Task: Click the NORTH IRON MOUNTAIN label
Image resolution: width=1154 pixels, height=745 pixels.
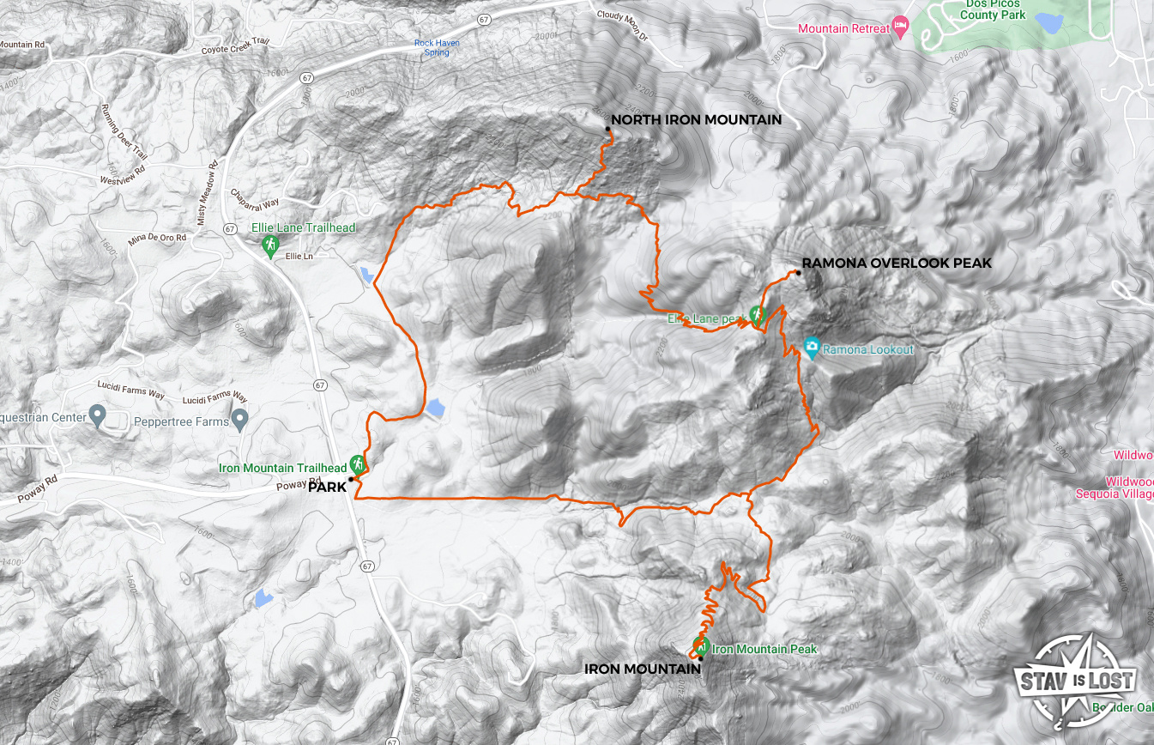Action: pyautogui.click(x=696, y=120)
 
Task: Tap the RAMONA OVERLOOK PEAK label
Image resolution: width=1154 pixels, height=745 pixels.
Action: pyautogui.click(x=897, y=263)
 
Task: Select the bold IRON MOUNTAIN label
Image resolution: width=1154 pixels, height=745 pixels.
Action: pyautogui.click(x=642, y=668)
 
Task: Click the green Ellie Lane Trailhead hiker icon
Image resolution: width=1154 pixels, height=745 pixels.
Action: pyautogui.click(x=270, y=246)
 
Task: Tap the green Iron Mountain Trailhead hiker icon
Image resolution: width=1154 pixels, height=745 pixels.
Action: pyautogui.click(x=358, y=464)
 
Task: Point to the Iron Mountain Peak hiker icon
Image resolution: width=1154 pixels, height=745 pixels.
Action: pyautogui.click(x=701, y=646)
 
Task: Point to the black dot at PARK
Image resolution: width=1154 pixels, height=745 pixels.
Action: pyautogui.click(x=352, y=479)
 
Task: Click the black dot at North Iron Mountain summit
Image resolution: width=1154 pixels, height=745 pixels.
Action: pyautogui.click(x=607, y=129)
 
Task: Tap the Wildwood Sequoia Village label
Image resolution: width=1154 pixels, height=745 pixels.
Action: pyautogui.click(x=1115, y=488)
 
